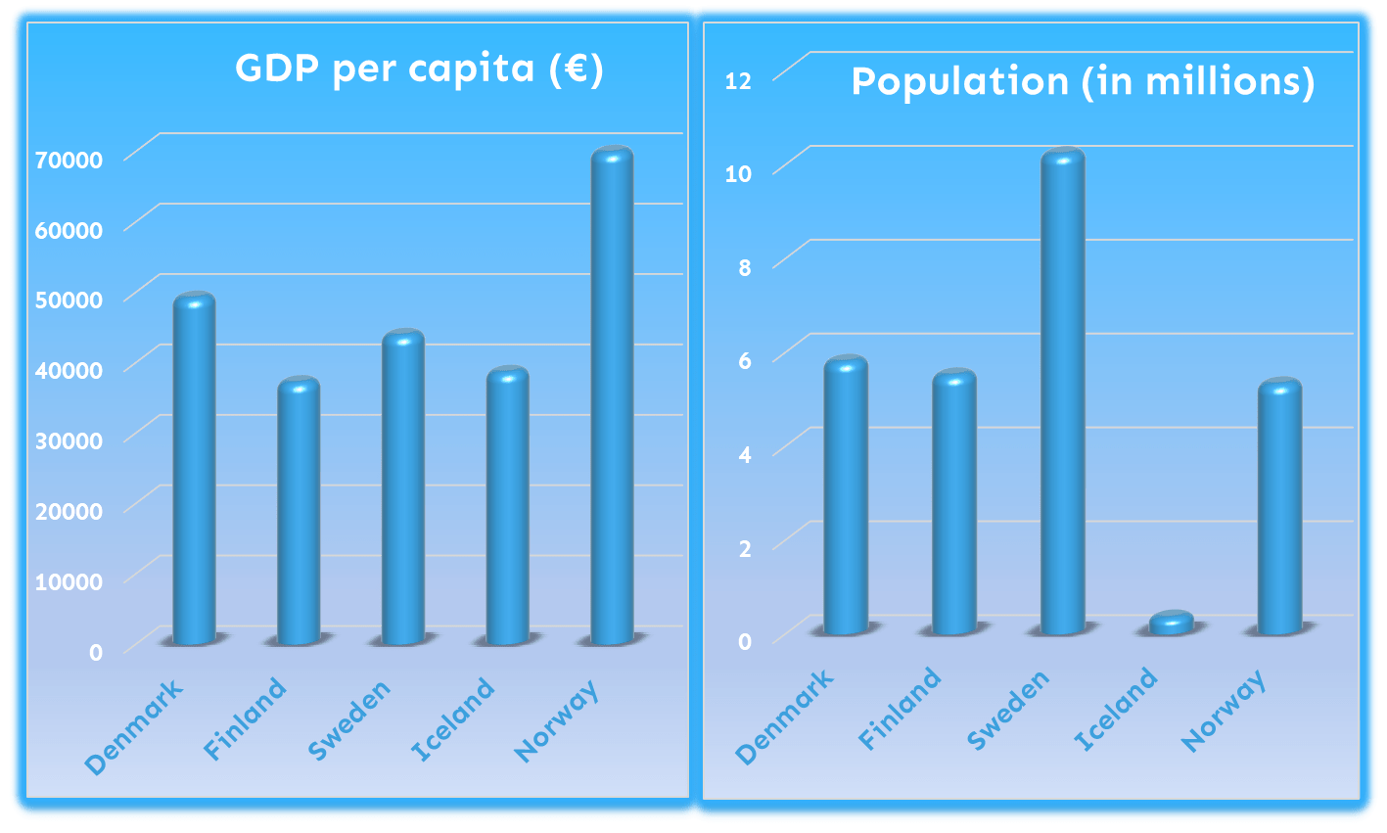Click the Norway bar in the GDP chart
[x=612, y=396]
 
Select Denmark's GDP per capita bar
[x=194, y=470]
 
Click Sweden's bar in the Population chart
[x=1063, y=392]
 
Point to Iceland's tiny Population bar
[x=1171, y=623]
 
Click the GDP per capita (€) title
[x=419, y=69]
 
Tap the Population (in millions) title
[x=1083, y=81]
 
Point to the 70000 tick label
[x=69, y=160]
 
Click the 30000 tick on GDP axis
[x=69, y=440]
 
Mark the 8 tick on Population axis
[x=745, y=267]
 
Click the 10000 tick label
[x=69, y=581]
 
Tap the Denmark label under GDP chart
[x=134, y=725]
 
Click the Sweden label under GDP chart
[x=349, y=719]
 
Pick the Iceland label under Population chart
[x=1116, y=710]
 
